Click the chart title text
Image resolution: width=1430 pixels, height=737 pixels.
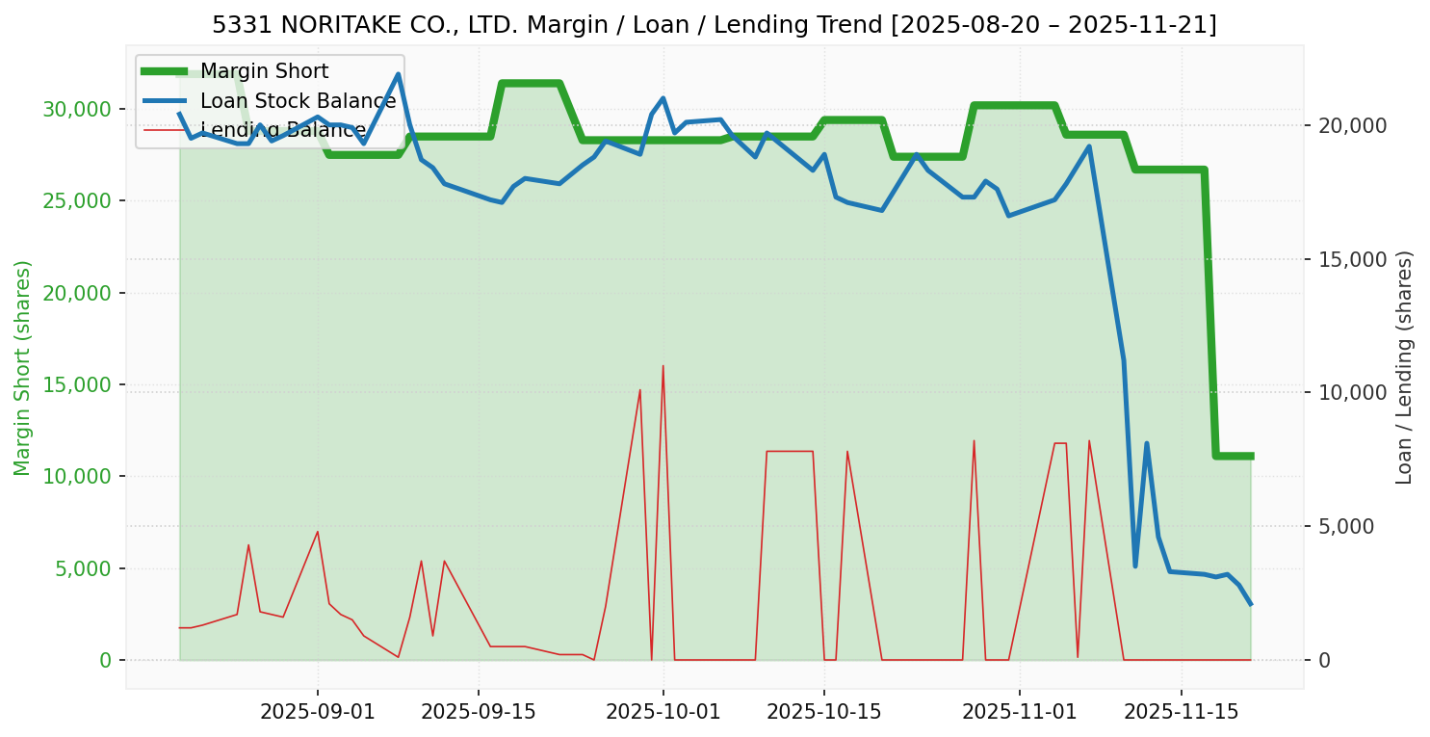(x=715, y=25)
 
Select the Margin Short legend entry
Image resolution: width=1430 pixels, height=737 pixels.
(x=264, y=71)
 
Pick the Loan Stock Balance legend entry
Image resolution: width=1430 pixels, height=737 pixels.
(x=298, y=101)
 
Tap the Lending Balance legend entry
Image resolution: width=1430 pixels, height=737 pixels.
(x=283, y=130)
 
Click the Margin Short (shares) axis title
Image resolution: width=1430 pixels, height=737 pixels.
(x=23, y=368)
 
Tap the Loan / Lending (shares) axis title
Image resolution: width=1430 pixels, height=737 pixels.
(x=1404, y=368)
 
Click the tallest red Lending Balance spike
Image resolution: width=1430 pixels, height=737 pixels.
(x=663, y=366)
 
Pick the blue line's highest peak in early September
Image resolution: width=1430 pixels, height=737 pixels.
(x=398, y=74)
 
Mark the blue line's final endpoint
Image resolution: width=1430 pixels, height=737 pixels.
(x=1250, y=604)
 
